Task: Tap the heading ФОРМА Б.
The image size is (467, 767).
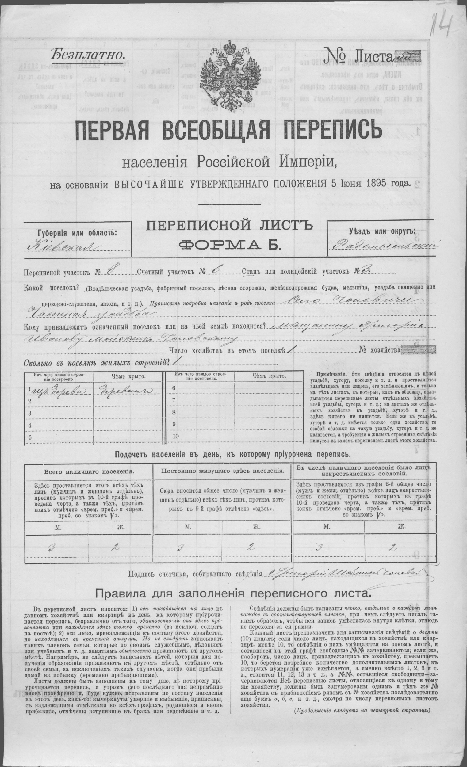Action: (x=230, y=246)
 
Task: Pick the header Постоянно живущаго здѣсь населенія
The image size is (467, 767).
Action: (x=222, y=470)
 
